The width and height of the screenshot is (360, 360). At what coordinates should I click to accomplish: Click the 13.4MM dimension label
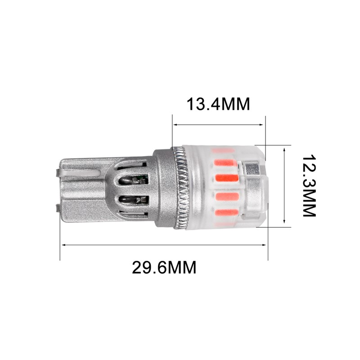[218, 104]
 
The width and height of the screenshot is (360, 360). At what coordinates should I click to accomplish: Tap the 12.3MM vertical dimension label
[309, 186]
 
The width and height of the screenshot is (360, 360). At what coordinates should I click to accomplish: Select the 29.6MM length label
[164, 267]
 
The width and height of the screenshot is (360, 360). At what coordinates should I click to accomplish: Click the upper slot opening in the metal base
[134, 180]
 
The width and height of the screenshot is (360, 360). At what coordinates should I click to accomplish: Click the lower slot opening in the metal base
[134, 200]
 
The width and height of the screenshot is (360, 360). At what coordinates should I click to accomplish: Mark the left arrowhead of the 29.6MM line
[64, 245]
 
